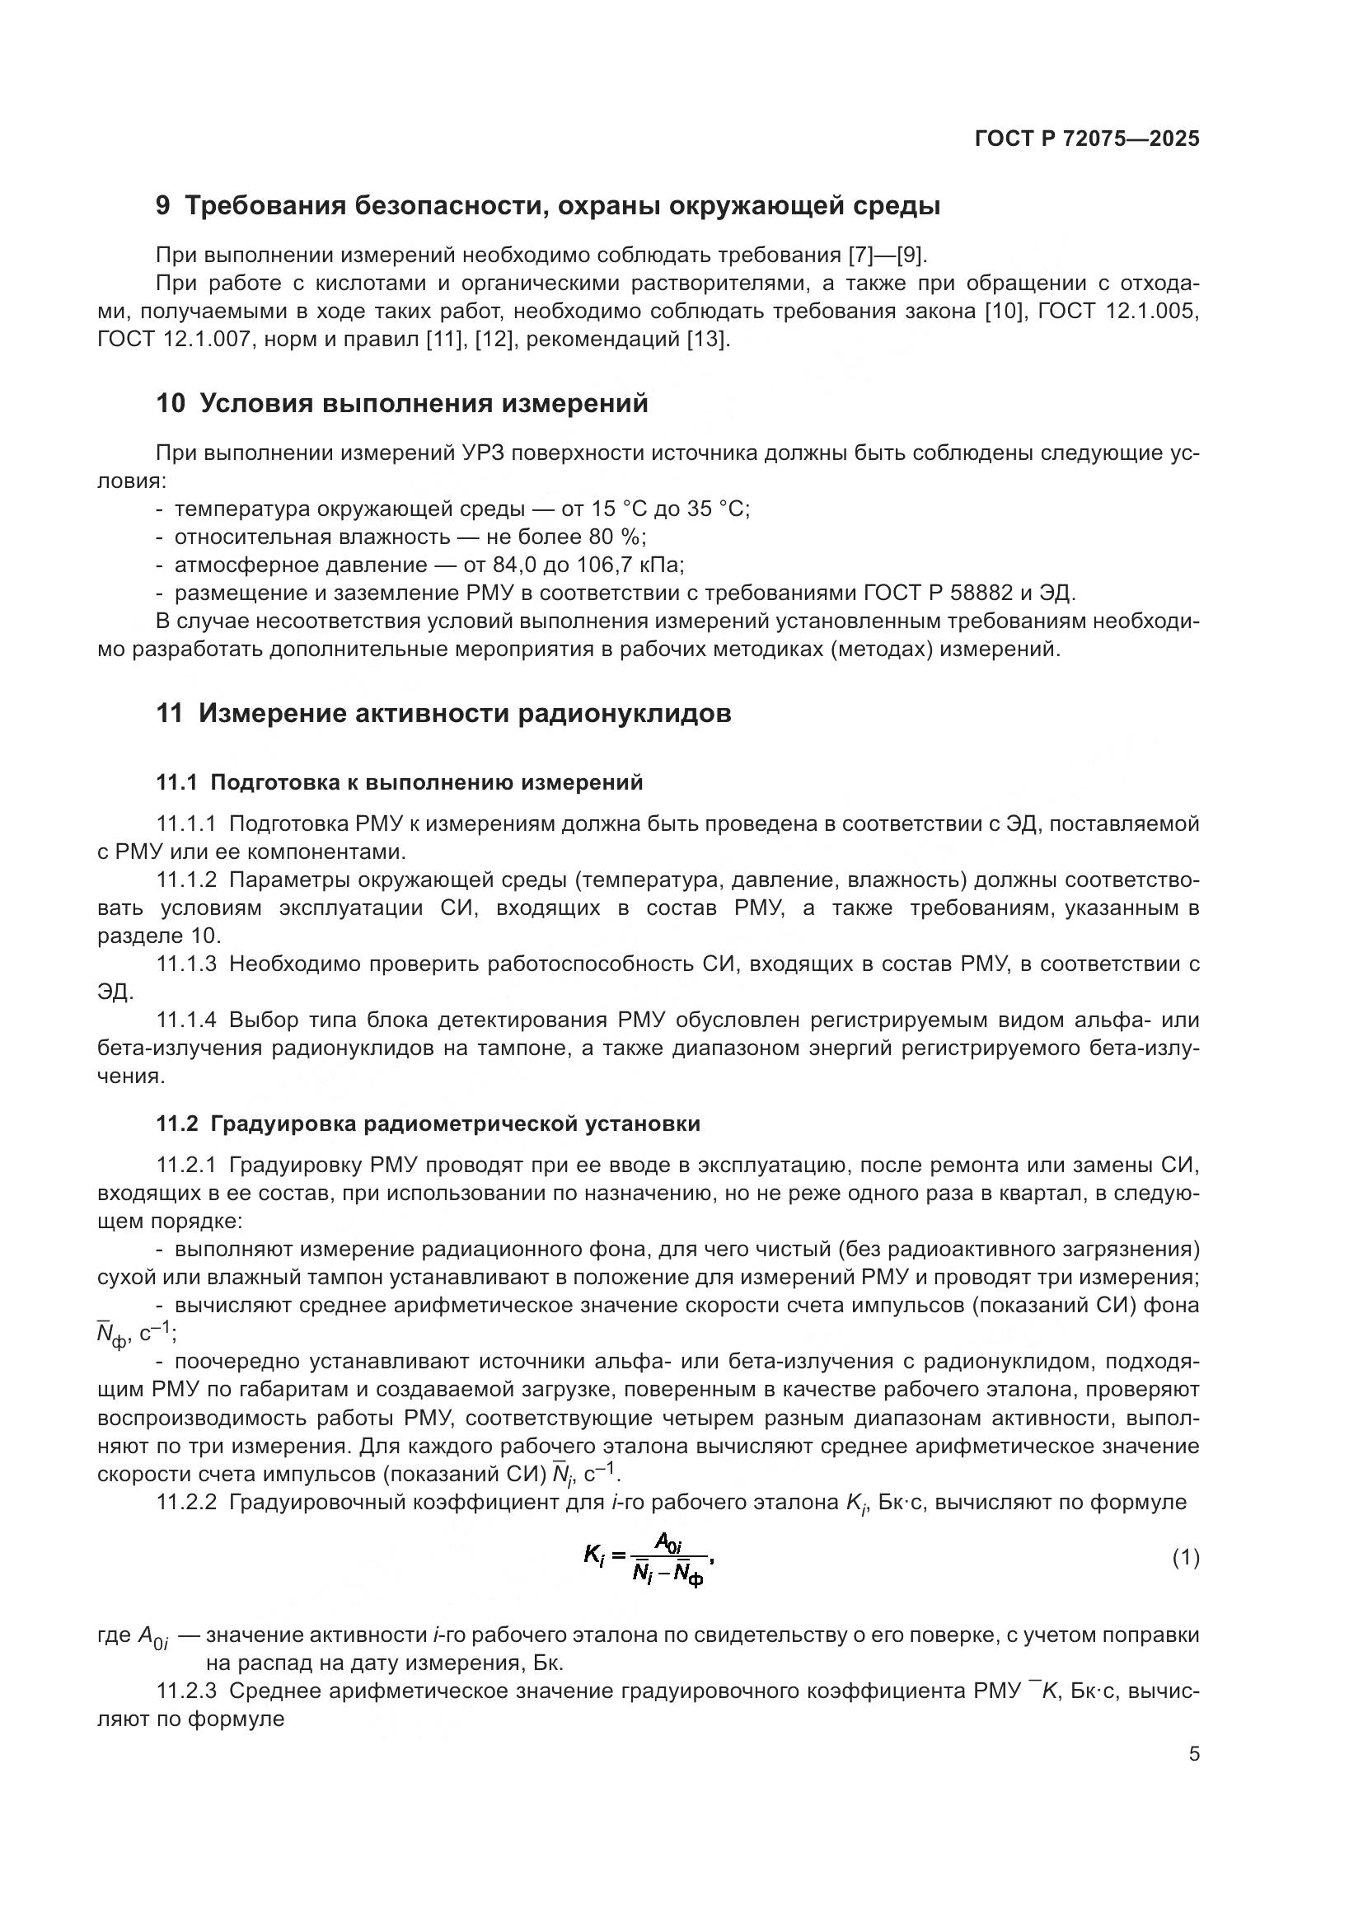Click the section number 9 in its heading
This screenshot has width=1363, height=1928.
163,206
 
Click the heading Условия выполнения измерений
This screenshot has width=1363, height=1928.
424,404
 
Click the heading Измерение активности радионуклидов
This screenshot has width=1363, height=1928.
465,714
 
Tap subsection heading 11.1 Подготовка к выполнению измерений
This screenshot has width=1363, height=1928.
400,782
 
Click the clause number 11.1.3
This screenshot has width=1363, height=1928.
186,964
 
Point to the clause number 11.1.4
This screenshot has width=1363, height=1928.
186,1020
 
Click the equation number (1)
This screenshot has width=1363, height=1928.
1185,1559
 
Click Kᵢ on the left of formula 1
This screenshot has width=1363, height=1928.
594,1556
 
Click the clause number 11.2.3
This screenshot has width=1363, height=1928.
186,1691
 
